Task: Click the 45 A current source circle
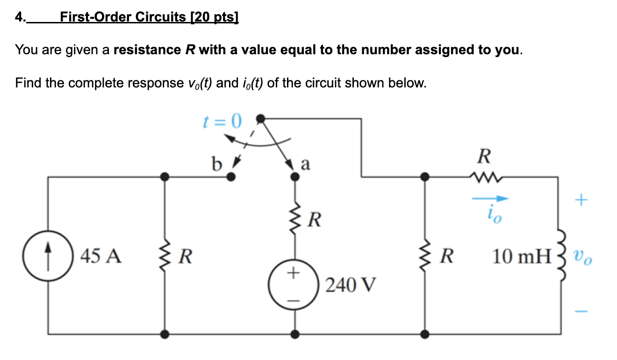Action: click(x=49, y=256)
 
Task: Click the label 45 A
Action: click(x=101, y=256)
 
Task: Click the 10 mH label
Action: click(x=522, y=256)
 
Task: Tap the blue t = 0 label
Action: click(x=222, y=122)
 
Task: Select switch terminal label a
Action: click(x=305, y=164)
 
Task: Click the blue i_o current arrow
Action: click(x=489, y=199)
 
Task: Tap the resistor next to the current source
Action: click(x=164, y=256)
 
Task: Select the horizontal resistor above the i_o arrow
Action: click(x=484, y=177)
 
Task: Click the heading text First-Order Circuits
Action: click(x=149, y=17)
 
